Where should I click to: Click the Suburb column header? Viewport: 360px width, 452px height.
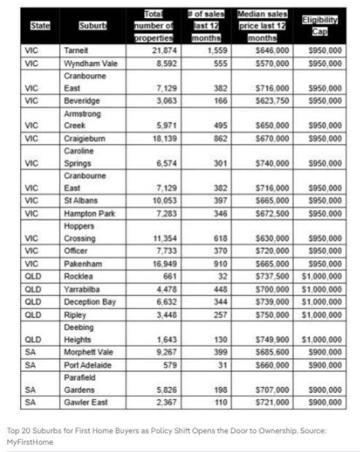pos(88,25)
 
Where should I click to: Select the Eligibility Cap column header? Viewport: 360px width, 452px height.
pos(319,25)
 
